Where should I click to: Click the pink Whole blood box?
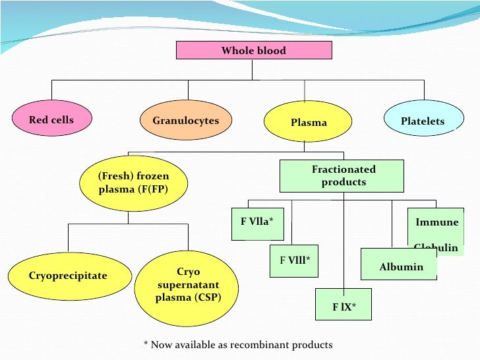(x=253, y=51)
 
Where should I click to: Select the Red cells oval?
(x=51, y=120)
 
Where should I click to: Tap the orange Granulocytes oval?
(x=185, y=121)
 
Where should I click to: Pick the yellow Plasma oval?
(x=308, y=123)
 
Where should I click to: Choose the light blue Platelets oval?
(x=422, y=121)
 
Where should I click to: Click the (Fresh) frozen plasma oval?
(x=133, y=182)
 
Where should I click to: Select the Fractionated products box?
(x=343, y=176)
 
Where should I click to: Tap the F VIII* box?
(x=294, y=260)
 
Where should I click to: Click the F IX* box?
(x=344, y=306)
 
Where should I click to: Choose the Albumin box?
(x=401, y=267)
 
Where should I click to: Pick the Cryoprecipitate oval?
(x=68, y=276)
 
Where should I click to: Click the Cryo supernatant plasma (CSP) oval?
(x=188, y=285)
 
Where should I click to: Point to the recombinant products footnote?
(x=238, y=345)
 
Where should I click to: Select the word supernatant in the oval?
(x=188, y=285)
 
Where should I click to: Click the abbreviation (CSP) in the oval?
(x=207, y=297)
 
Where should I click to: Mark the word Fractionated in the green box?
(x=344, y=169)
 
